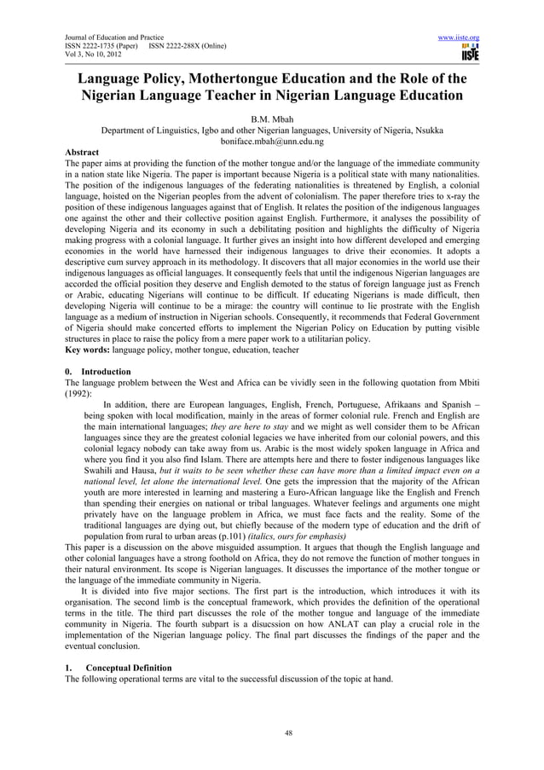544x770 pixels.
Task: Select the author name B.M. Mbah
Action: (x=272, y=119)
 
